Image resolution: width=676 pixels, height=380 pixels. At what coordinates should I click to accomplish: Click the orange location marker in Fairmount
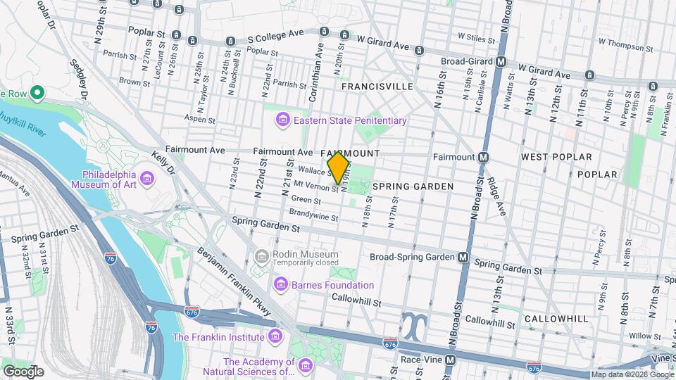pyautogui.click(x=339, y=168)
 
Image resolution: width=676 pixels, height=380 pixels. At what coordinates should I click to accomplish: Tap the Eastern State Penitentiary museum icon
pyautogui.click(x=283, y=120)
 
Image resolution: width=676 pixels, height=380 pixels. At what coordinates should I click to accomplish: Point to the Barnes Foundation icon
pyautogui.click(x=280, y=285)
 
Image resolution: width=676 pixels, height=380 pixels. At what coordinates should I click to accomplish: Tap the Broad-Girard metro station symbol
pyautogui.click(x=501, y=61)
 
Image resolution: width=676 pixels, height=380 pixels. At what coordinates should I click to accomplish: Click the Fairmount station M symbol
pyautogui.click(x=484, y=157)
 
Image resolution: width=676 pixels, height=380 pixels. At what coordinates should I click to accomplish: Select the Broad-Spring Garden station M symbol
pyautogui.click(x=463, y=258)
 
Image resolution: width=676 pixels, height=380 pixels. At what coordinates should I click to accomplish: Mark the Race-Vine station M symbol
pyautogui.click(x=450, y=360)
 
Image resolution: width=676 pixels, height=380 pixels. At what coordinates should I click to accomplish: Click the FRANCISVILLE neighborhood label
pyautogui.click(x=377, y=86)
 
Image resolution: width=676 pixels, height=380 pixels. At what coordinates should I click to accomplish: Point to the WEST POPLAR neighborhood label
pyautogui.click(x=556, y=156)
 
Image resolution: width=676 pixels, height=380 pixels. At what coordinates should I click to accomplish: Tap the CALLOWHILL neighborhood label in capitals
pyautogui.click(x=556, y=319)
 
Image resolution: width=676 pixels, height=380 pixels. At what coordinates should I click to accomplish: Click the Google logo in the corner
pyautogui.click(x=23, y=371)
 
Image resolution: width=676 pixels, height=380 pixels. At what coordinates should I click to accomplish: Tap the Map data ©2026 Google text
pyautogui.click(x=631, y=374)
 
